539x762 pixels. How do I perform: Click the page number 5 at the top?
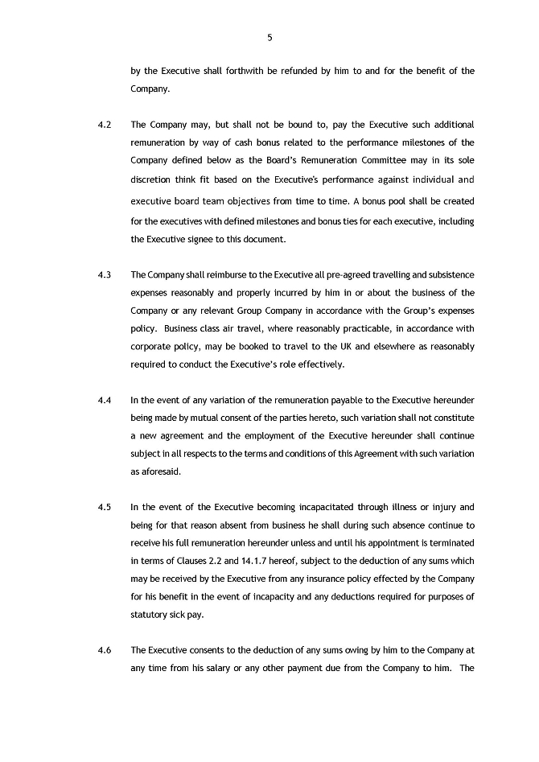[269, 37]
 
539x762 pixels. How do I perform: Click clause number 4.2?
[104, 125]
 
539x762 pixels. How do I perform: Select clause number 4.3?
[104, 275]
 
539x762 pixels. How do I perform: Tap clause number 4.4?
[104, 400]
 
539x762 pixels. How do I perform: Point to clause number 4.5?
[104, 507]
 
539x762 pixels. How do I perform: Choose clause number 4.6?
[104, 649]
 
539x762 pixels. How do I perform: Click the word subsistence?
[446, 275]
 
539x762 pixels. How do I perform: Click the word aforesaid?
[157, 472]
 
